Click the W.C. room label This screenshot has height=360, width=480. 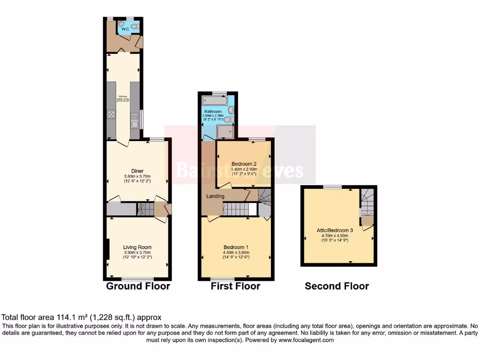point(125,29)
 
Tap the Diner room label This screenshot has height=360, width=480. point(137,171)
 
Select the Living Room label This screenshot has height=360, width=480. point(137,247)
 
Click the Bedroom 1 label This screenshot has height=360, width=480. point(236,247)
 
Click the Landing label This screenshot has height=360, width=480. point(215,196)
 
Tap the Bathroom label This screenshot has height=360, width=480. point(212,112)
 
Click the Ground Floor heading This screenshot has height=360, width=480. point(138,286)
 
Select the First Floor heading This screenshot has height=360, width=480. point(235,286)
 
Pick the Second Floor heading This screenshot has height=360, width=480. point(337,286)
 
